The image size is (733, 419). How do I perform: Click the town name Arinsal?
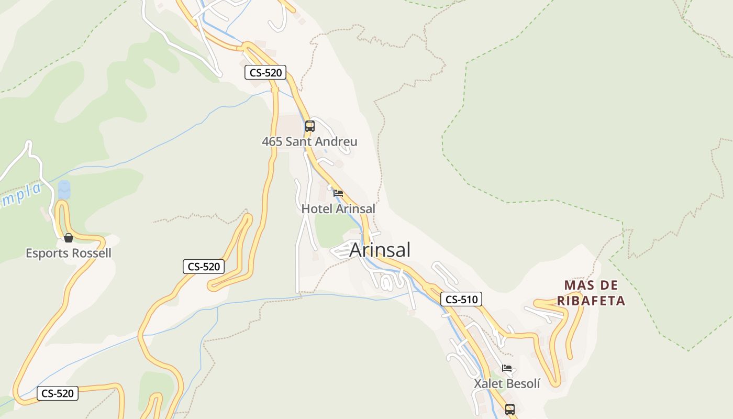tap(380, 250)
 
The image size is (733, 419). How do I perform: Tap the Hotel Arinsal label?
tap(338, 208)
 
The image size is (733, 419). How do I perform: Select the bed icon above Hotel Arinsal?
tap(338, 193)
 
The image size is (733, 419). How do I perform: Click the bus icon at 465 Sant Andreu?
tap(310, 126)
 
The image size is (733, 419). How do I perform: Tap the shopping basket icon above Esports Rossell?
tap(69, 238)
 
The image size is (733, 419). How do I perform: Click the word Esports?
tap(47, 253)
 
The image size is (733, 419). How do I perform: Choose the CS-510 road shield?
tap(461, 300)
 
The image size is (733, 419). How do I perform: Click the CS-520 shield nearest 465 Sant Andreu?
tap(265, 73)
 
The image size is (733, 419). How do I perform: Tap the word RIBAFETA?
tap(591, 301)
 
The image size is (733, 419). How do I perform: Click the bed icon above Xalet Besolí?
tap(507, 368)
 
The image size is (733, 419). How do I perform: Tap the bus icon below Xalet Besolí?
tap(510, 409)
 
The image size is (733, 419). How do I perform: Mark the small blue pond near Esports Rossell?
tap(64, 189)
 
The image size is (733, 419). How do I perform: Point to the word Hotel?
tap(317, 208)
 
